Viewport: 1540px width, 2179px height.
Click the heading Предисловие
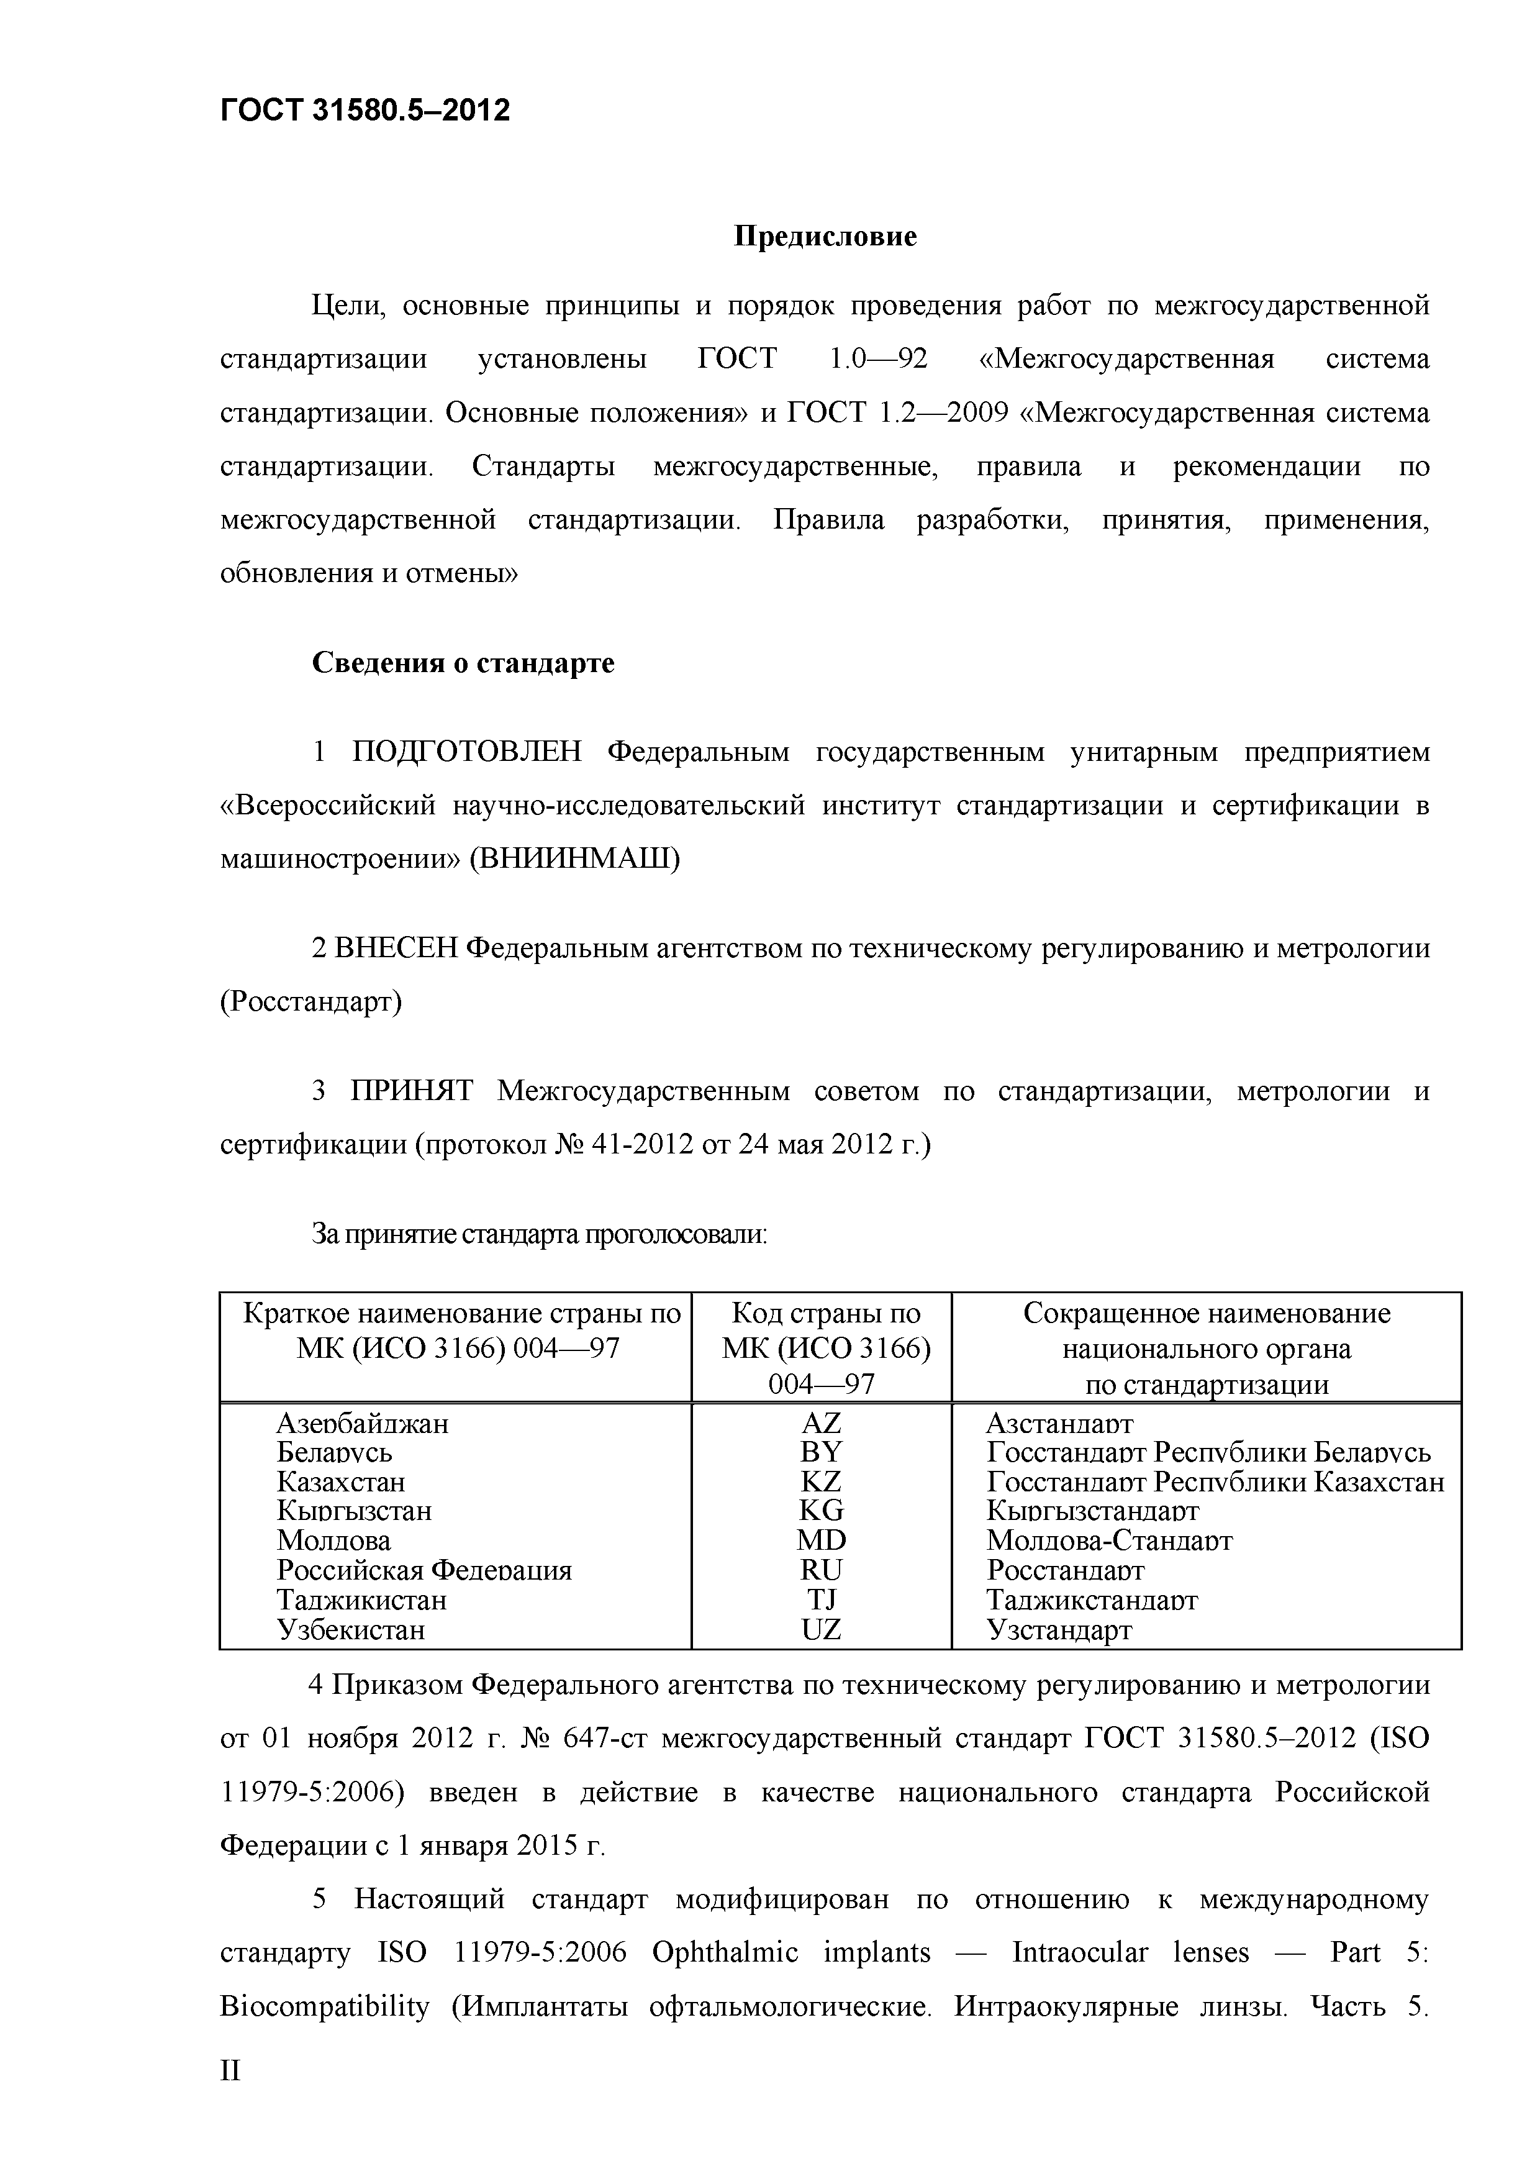click(x=825, y=235)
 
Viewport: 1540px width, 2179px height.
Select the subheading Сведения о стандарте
click(x=463, y=662)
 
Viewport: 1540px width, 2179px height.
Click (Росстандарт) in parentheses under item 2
click(x=311, y=1001)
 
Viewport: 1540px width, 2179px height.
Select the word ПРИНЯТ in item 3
click(x=412, y=1091)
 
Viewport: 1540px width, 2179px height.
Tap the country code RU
click(x=821, y=1570)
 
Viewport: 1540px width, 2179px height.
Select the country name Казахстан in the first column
click(x=341, y=1481)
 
